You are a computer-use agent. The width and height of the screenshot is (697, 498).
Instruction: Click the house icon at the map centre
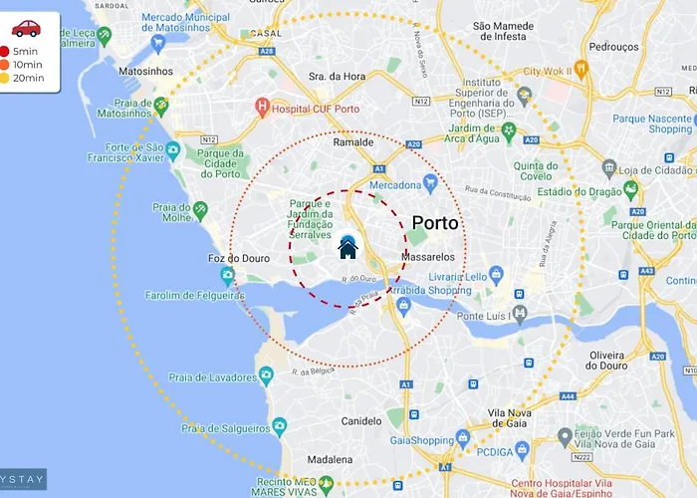pyautogui.click(x=348, y=247)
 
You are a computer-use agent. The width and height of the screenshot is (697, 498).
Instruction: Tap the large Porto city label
pyautogui.click(x=435, y=223)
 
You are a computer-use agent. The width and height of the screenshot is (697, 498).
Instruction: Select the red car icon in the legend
pyautogui.click(x=26, y=28)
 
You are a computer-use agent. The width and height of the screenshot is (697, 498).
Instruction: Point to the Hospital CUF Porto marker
pyautogui.click(x=262, y=106)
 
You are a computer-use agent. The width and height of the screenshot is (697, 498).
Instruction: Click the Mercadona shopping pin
pyautogui.click(x=430, y=183)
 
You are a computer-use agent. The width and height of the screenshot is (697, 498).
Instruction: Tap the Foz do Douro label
pyautogui.click(x=238, y=259)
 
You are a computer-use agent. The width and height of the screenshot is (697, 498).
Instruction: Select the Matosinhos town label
pyautogui.click(x=145, y=72)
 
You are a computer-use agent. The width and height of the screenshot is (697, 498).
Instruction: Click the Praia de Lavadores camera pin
pyautogui.click(x=266, y=375)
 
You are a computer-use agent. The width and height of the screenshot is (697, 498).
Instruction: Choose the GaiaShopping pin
pyautogui.click(x=462, y=437)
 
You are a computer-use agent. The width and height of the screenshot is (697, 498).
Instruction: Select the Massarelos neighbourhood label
pyautogui.click(x=427, y=257)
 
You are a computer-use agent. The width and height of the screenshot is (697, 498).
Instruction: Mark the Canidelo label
pyautogui.click(x=361, y=421)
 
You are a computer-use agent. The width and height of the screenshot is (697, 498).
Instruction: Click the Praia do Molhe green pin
pyautogui.click(x=200, y=209)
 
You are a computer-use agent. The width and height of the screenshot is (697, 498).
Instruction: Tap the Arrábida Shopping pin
pyautogui.click(x=403, y=304)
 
